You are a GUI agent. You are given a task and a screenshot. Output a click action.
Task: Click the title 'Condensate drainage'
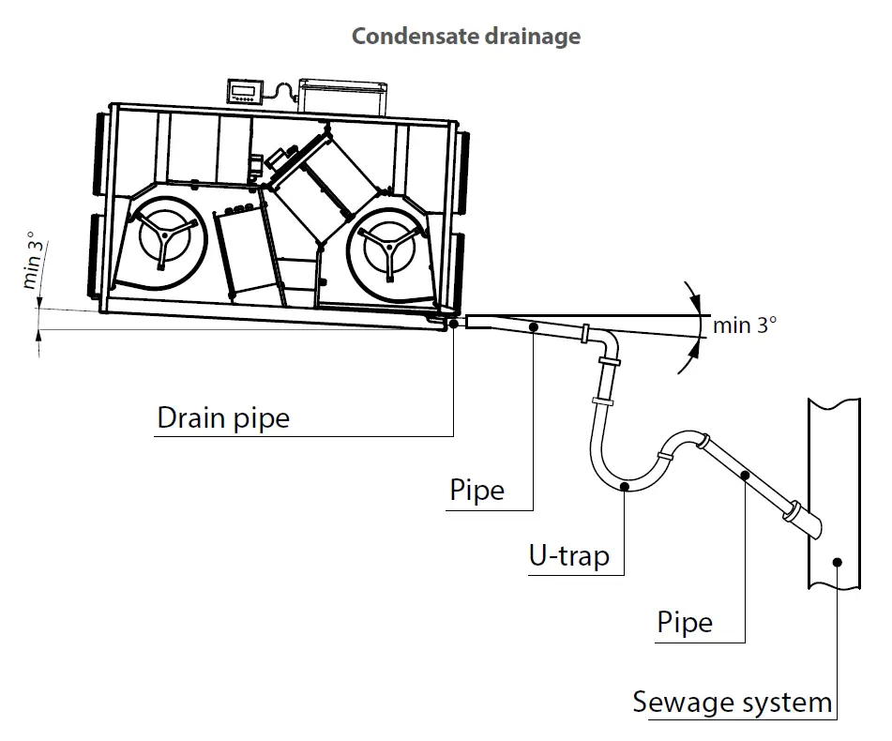(x=465, y=37)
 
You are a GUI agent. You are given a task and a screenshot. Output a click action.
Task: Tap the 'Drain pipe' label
(x=223, y=417)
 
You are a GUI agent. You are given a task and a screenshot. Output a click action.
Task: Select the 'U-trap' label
(x=568, y=555)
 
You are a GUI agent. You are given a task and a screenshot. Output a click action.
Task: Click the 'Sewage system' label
(x=732, y=702)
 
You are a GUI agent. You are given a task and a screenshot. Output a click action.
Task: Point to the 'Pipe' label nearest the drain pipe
(x=476, y=490)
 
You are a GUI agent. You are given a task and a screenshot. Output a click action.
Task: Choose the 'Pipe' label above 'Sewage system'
(x=685, y=623)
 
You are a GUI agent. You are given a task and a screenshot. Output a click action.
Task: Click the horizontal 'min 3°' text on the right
(x=745, y=325)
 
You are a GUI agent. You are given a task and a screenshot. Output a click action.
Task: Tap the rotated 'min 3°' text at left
(x=34, y=262)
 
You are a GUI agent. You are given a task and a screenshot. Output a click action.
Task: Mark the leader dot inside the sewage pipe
(x=837, y=562)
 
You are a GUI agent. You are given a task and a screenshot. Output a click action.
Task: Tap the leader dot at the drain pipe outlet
(x=454, y=324)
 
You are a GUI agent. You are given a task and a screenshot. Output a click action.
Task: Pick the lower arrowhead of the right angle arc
(x=695, y=348)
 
